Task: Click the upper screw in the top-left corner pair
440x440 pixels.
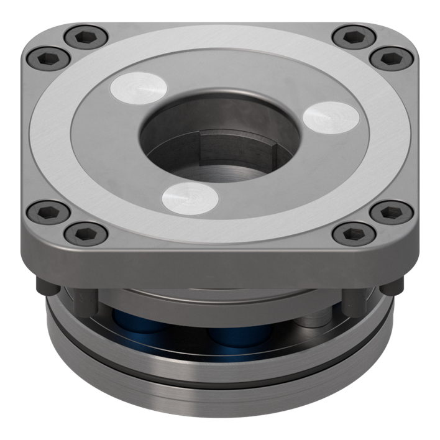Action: tap(86, 37)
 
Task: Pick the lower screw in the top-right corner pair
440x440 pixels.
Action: tap(391, 58)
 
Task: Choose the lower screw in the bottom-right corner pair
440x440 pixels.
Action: tap(354, 234)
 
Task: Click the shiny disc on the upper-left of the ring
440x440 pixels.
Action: tap(138, 87)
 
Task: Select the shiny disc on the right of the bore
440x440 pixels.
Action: tap(329, 116)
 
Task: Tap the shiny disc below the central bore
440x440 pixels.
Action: tap(190, 198)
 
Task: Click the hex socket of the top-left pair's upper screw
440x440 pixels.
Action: tap(86, 37)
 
